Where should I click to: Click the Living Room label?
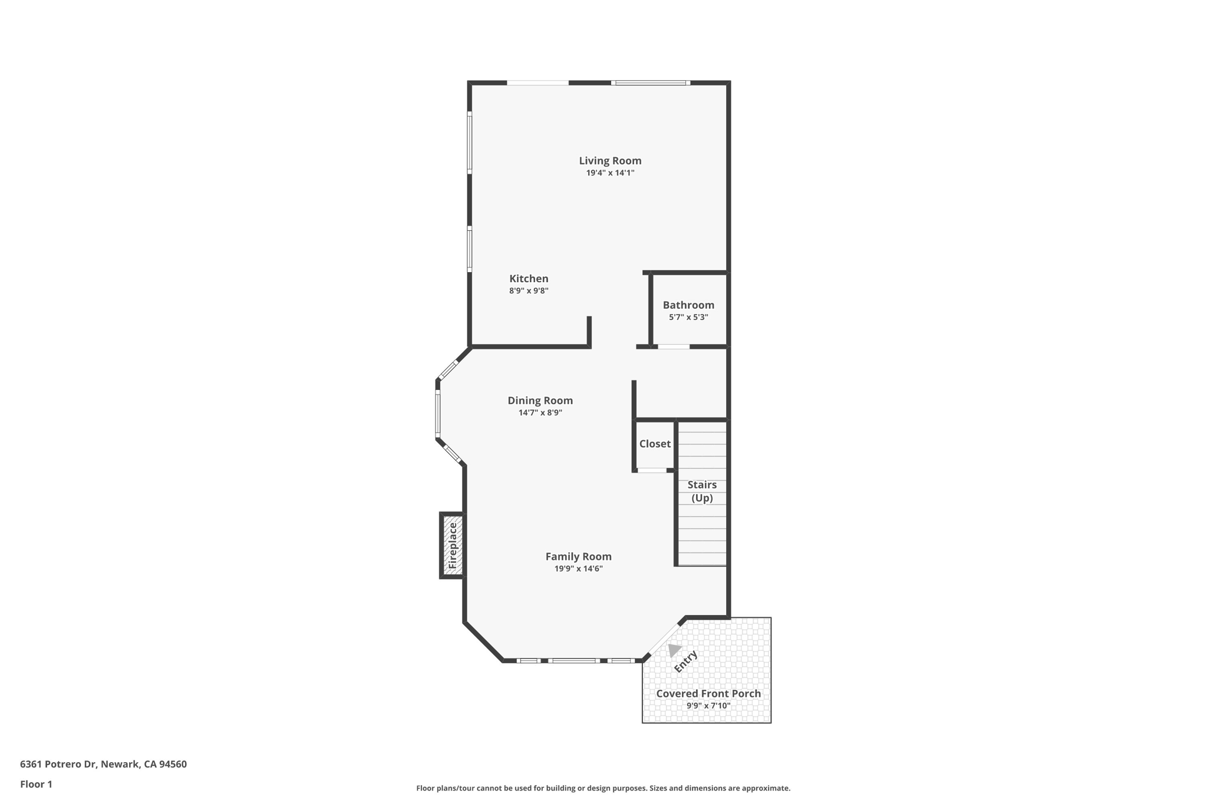tap(610, 161)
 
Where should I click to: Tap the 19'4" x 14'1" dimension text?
tap(610, 173)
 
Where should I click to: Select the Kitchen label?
tap(529, 279)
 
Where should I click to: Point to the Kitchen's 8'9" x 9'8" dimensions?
tap(529, 291)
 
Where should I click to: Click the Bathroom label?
tap(688, 305)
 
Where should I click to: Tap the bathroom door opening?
tap(674, 347)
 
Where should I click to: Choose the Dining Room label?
tap(540, 401)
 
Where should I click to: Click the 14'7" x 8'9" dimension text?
tap(540, 413)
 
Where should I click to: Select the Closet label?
tap(655, 444)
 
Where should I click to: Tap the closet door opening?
tap(652, 470)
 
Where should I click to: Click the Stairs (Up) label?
tap(702, 491)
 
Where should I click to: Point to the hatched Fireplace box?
tap(452, 545)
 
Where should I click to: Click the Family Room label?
tap(578, 557)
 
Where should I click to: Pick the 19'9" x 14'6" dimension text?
tap(578, 569)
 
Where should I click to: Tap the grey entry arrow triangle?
tap(674, 650)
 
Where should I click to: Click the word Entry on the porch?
tap(686, 661)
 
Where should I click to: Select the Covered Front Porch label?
tap(708, 694)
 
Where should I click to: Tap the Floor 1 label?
tap(36, 785)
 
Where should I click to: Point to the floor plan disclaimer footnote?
tap(603, 788)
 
